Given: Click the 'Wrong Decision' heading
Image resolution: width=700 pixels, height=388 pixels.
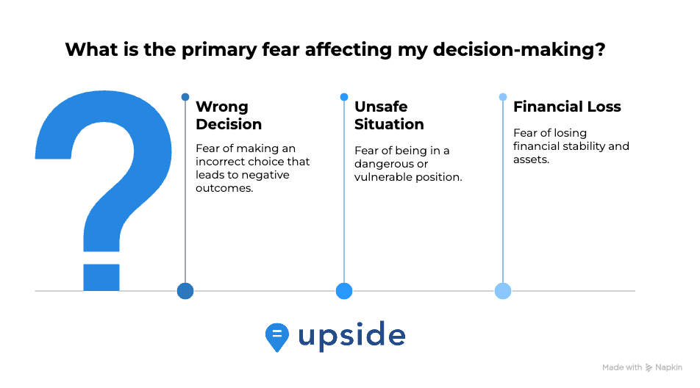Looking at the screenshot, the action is click(x=229, y=115).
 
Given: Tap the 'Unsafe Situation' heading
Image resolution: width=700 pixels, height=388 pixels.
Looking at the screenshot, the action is click(x=389, y=115).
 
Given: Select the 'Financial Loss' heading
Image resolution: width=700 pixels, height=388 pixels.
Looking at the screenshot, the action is click(x=567, y=107).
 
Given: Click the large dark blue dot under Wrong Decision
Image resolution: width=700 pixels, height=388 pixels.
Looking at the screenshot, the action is click(x=185, y=291).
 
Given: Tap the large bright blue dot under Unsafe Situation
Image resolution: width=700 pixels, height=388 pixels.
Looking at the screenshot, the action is click(x=344, y=291).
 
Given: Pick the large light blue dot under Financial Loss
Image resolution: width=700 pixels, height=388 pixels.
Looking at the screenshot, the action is click(x=503, y=291).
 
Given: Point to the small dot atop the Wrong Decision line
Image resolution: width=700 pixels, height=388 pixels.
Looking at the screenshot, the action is click(x=185, y=97).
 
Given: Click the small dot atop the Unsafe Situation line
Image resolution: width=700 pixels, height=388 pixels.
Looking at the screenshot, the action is click(x=344, y=97).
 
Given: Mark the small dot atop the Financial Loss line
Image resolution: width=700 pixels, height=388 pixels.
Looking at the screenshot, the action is click(x=503, y=97).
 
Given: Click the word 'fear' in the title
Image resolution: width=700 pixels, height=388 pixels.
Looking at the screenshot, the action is click(x=280, y=49).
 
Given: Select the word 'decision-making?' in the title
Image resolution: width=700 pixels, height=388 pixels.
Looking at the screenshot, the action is click(x=519, y=49).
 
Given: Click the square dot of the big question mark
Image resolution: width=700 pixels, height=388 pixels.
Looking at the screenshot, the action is click(x=101, y=277).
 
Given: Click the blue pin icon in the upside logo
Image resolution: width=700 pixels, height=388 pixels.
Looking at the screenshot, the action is click(x=276, y=337).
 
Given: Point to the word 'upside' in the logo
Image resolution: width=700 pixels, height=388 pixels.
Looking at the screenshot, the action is click(x=351, y=336).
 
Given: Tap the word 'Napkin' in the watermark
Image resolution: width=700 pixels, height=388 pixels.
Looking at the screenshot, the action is click(x=669, y=367).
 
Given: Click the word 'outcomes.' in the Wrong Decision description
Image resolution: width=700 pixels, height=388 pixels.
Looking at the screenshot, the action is click(x=224, y=188).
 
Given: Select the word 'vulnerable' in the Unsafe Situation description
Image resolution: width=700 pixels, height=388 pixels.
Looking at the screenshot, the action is click(x=384, y=177).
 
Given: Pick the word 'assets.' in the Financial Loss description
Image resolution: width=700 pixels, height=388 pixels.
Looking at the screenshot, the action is click(x=531, y=159).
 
